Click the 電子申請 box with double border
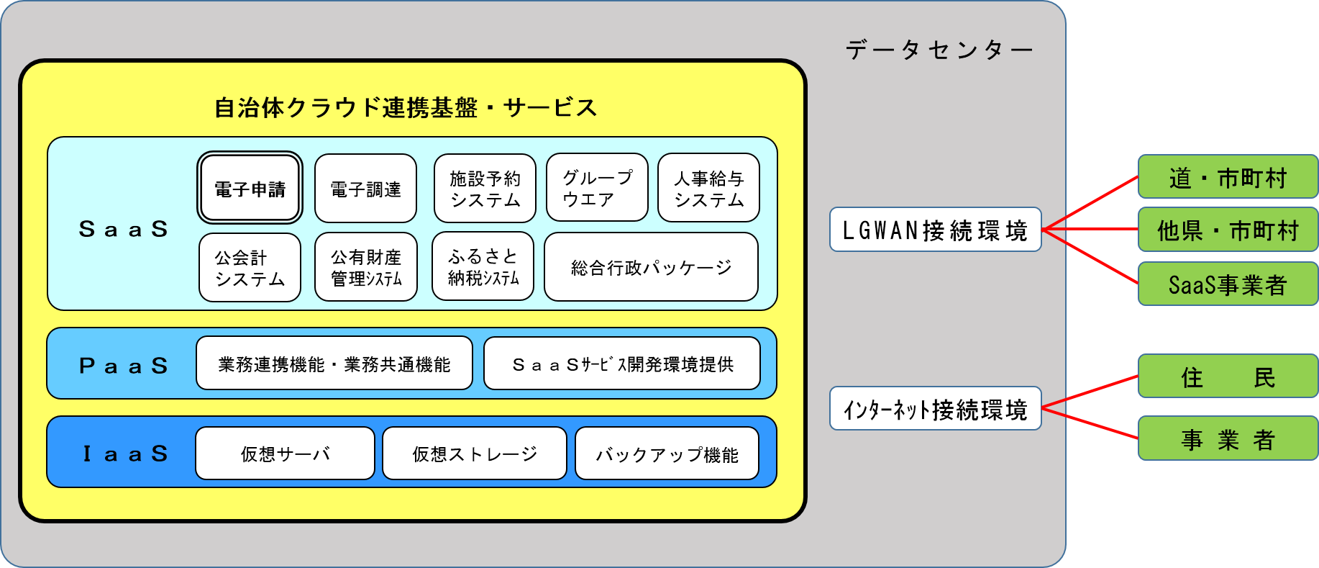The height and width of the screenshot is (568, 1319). pos(250,189)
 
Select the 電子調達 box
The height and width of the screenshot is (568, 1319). pos(365,189)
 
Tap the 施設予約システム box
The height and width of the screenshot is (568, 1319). pos(485,189)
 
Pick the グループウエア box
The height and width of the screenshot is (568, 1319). pos(597,188)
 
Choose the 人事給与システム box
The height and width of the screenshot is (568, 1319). pos(708,188)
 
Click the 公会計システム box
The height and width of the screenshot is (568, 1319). pos(250,267)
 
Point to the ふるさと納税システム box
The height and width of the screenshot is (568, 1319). pos(483,266)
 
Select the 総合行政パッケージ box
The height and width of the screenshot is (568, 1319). pos(651,267)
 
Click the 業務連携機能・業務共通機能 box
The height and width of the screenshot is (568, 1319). pos(334,364)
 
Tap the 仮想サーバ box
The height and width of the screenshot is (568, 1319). pos(285,454)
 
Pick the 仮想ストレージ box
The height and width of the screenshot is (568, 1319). pos(474,454)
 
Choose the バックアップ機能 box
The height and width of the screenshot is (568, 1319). pos(667,454)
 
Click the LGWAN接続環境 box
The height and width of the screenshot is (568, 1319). pos(935,230)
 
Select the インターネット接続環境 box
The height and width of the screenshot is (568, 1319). pos(935,408)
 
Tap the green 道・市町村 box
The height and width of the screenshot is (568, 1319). pos(1228,177)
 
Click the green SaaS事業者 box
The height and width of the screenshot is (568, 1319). pos(1228,284)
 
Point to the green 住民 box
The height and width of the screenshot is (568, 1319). pos(1228,377)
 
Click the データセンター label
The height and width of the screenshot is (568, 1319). pos(938,50)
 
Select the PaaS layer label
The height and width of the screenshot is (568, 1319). pos(123,365)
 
